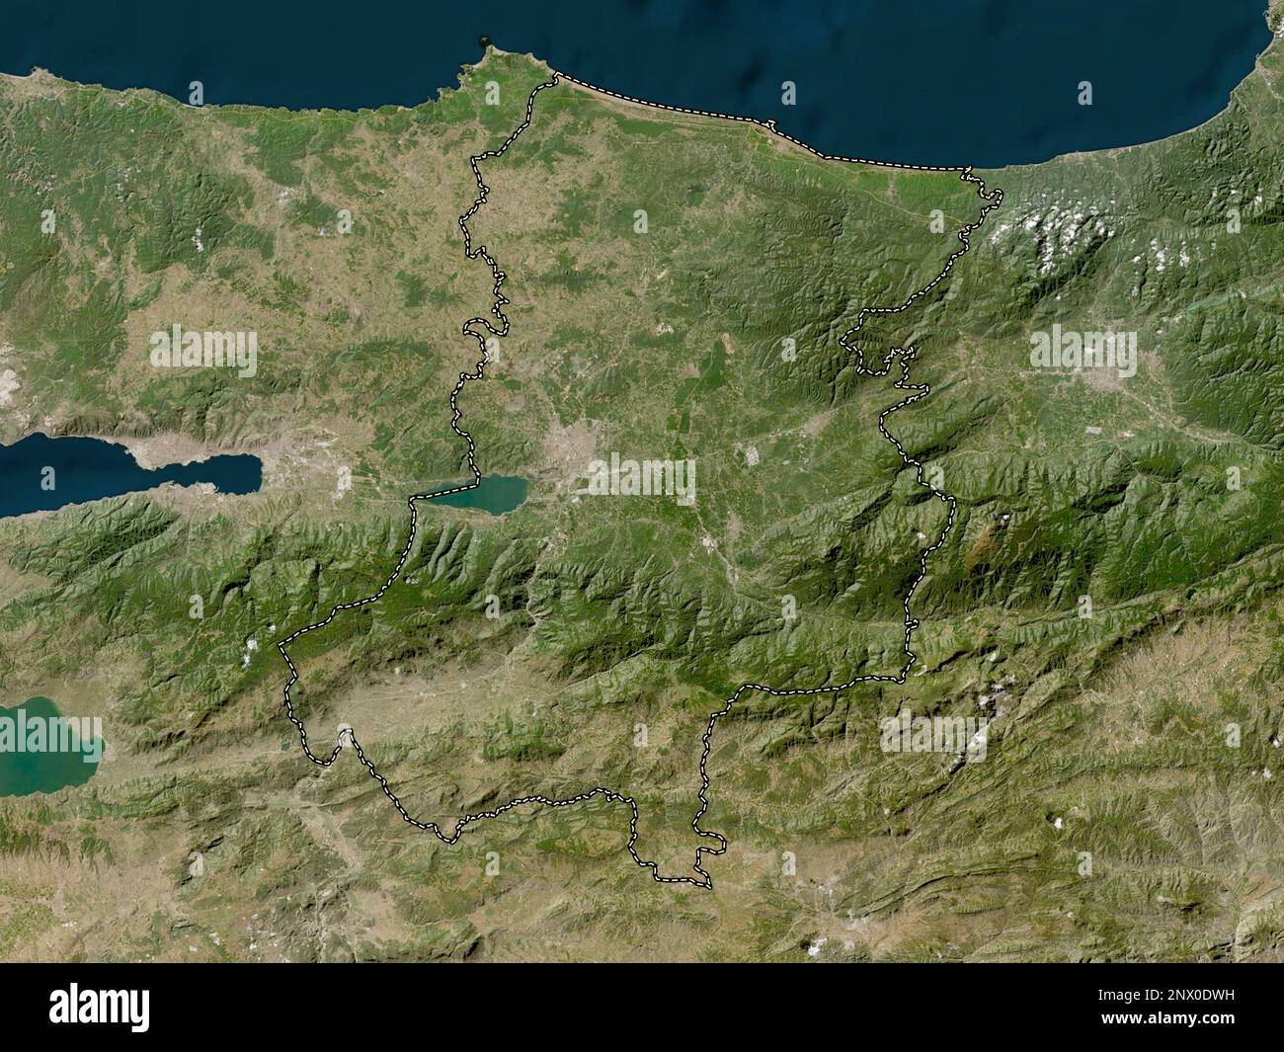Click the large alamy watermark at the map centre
click(x=642, y=479)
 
